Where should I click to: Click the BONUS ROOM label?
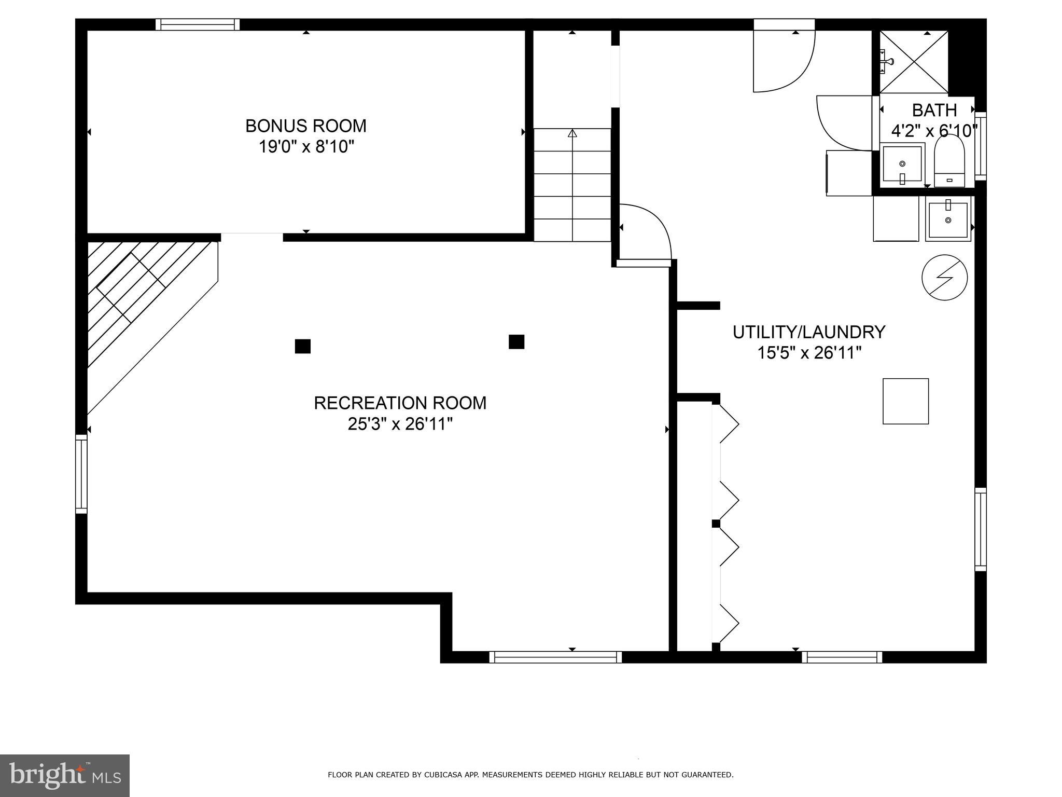tap(305, 126)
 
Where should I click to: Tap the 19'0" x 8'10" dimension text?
tap(305, 147)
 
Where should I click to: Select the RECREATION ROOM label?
tap(400, 403)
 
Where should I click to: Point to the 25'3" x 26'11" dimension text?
tap(400, 424)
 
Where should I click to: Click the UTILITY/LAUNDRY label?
tap(808, 332)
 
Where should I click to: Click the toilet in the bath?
tap(949, 161)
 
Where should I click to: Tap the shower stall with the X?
tap(914, 62)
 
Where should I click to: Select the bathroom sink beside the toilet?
tap(902, 164)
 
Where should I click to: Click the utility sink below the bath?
tap(948, 220)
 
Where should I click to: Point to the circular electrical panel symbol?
tap(944, 277)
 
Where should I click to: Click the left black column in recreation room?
tap(303, 346)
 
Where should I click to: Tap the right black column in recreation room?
tap(516, 342)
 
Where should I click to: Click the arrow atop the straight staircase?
tap(572, 133)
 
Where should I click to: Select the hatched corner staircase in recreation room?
tap(140, 301)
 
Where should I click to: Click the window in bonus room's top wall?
tap(198, 24)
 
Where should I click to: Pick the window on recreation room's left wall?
tap(81, 474)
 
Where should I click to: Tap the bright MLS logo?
tap(65, 775)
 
